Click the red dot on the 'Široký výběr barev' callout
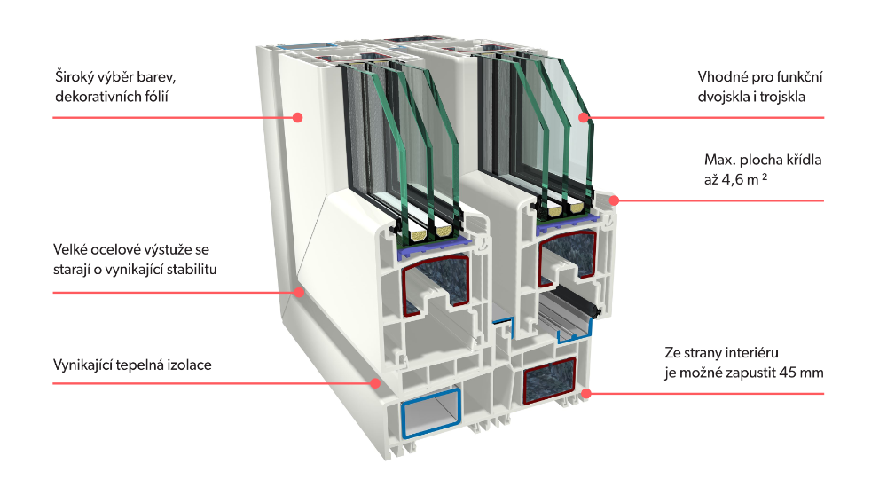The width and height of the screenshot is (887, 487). click(x=299, y=117)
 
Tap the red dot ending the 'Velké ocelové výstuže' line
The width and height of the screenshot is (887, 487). click(x=299, y=291)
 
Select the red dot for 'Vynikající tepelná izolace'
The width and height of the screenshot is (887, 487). click(x=376, y=383)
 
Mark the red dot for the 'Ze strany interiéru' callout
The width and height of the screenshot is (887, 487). click(x=585, y=391)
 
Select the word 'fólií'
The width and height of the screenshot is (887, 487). click(x=152, y=97)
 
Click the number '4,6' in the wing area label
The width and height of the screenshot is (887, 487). click(x=727, y=180)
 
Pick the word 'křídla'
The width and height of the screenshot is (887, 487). click(x=803, y=161)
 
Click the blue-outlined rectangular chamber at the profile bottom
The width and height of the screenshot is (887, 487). click(x=432, y=415)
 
